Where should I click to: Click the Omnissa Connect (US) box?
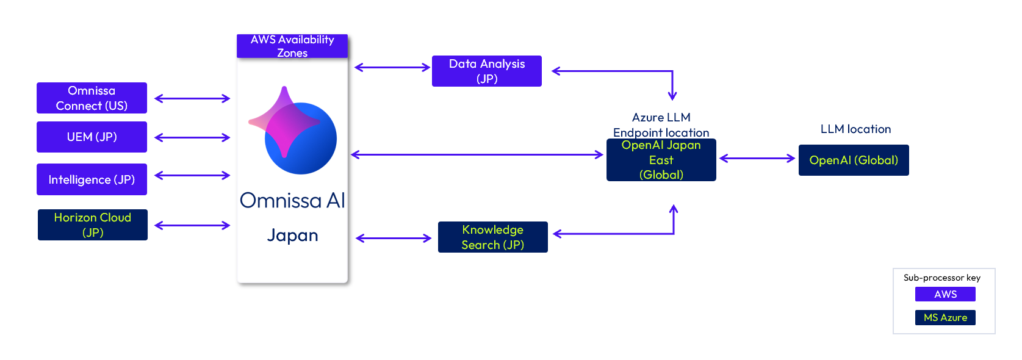92,98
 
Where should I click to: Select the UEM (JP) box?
92,137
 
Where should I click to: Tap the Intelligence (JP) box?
92,179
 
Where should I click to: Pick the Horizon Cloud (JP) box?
92,225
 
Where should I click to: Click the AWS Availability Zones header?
292,46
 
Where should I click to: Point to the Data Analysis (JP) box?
486,71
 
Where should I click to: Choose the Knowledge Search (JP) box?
492,237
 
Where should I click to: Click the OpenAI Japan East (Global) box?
661,160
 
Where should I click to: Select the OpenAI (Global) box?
853,160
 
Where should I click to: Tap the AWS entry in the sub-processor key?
945,294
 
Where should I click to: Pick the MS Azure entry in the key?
945,318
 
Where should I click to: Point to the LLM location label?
855,129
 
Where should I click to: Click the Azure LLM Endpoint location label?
661,125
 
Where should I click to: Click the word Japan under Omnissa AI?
292,236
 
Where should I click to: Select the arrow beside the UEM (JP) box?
192,138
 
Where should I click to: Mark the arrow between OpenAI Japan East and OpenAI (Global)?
757,159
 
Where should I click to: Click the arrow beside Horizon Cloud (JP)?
192,226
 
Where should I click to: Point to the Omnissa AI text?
292,201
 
